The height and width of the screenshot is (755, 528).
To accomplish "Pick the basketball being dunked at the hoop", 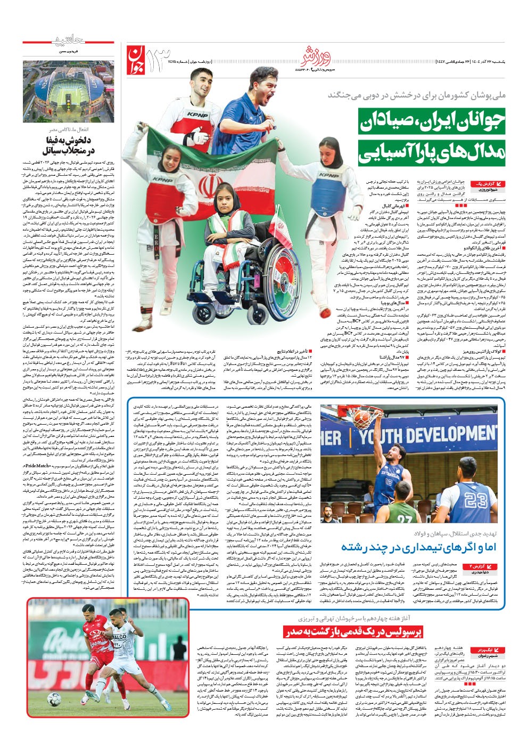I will [x=361, y=414].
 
